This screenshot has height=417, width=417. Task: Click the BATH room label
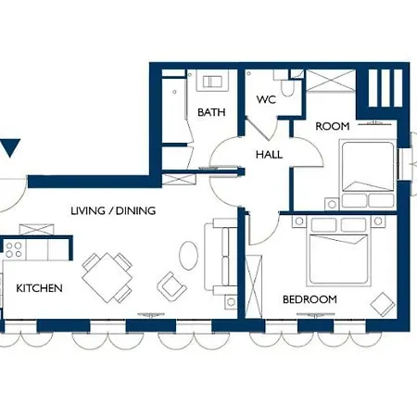tap(211, 112)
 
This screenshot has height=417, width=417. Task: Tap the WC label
tap(266, 99)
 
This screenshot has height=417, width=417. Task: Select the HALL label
tap(269, 155)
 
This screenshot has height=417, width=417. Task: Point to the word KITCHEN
tap(39, 288)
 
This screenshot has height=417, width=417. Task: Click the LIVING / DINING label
tap(113, 211)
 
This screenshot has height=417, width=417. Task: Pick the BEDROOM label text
tap(310, 299)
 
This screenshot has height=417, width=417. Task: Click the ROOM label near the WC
tap(333, 126)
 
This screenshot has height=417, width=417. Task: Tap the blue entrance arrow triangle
tap(10, 148)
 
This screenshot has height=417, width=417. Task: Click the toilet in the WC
tap(287, 86)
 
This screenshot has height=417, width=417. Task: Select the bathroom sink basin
tap(212, 82)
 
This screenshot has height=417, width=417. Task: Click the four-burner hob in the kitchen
tap(14, 249)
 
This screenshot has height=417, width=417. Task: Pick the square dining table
tap(107, 278)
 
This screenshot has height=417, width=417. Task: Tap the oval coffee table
tap(188, 256)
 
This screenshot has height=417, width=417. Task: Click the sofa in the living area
tap(221, 257)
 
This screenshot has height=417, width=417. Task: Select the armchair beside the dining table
tap(171, 286)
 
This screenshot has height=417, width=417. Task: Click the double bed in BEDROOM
tap(339, 251)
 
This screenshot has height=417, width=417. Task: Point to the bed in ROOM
tap(368, 173)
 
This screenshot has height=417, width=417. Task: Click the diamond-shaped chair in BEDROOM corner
tap(383, 304)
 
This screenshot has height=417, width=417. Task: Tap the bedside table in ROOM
tap(332, 204)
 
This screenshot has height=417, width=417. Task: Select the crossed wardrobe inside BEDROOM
tap(254, 286)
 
